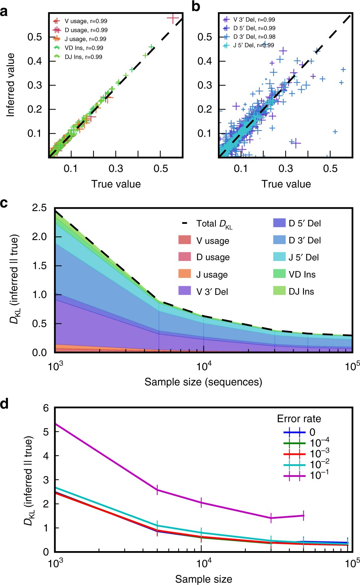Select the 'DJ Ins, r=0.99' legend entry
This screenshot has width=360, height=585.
pyautogui.click(x=83, y=57)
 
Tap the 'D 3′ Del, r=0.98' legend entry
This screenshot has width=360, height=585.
pyautogui.click(x=254, y=37)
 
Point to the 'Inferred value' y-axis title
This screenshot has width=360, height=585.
pyautogui.click(x=11, y=85)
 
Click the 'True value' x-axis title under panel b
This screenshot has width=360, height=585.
pyautogui.click(x=286, y=184)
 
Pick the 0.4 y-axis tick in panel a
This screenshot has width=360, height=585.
pyautogui.click(x=35, y=61)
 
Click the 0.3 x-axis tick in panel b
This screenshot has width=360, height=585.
pyautogui.click(x=286, y=168)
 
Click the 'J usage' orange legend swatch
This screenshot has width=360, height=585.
pyautogui.click(x=185, y=274)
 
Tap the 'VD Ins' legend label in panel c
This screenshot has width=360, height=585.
pyautogui.click(x=302, y=275)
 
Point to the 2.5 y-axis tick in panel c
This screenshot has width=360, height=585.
pyautogui.click(x=39, y=208)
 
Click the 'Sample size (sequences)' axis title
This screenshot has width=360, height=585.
pyautogui.click(x=203, y=382)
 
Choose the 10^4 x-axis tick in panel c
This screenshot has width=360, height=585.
pyautogui.click(x=204, y=366)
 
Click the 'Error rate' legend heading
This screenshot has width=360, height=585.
pyautogui.click(x=299, y=419)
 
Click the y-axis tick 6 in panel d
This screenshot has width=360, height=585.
pyautogui.click(x=46, y=408)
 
